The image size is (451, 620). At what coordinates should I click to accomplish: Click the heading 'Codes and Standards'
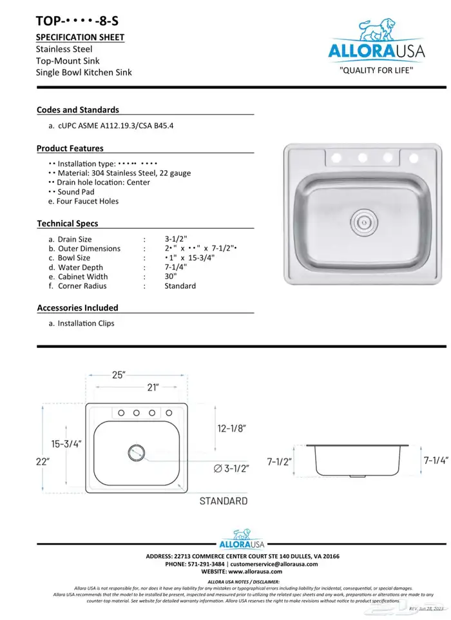[x=78, y=110]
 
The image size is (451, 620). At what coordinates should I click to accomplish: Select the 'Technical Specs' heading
[x=68, y=223]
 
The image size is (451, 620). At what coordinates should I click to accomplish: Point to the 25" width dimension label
[x=118, y=374]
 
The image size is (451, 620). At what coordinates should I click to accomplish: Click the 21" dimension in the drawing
[x=153, y=387]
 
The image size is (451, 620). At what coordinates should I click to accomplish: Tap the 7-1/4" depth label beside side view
[x=435, y=460]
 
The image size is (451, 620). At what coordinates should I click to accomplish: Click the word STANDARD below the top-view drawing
[x=223, y=501]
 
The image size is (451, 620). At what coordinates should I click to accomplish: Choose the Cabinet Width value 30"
[x=171, y=276]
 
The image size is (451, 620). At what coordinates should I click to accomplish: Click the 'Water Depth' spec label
[x=81, y=267]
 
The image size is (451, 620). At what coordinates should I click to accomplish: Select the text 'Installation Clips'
[x=86, y=324]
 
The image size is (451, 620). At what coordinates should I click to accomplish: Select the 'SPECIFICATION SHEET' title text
[x=80, y=37]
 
